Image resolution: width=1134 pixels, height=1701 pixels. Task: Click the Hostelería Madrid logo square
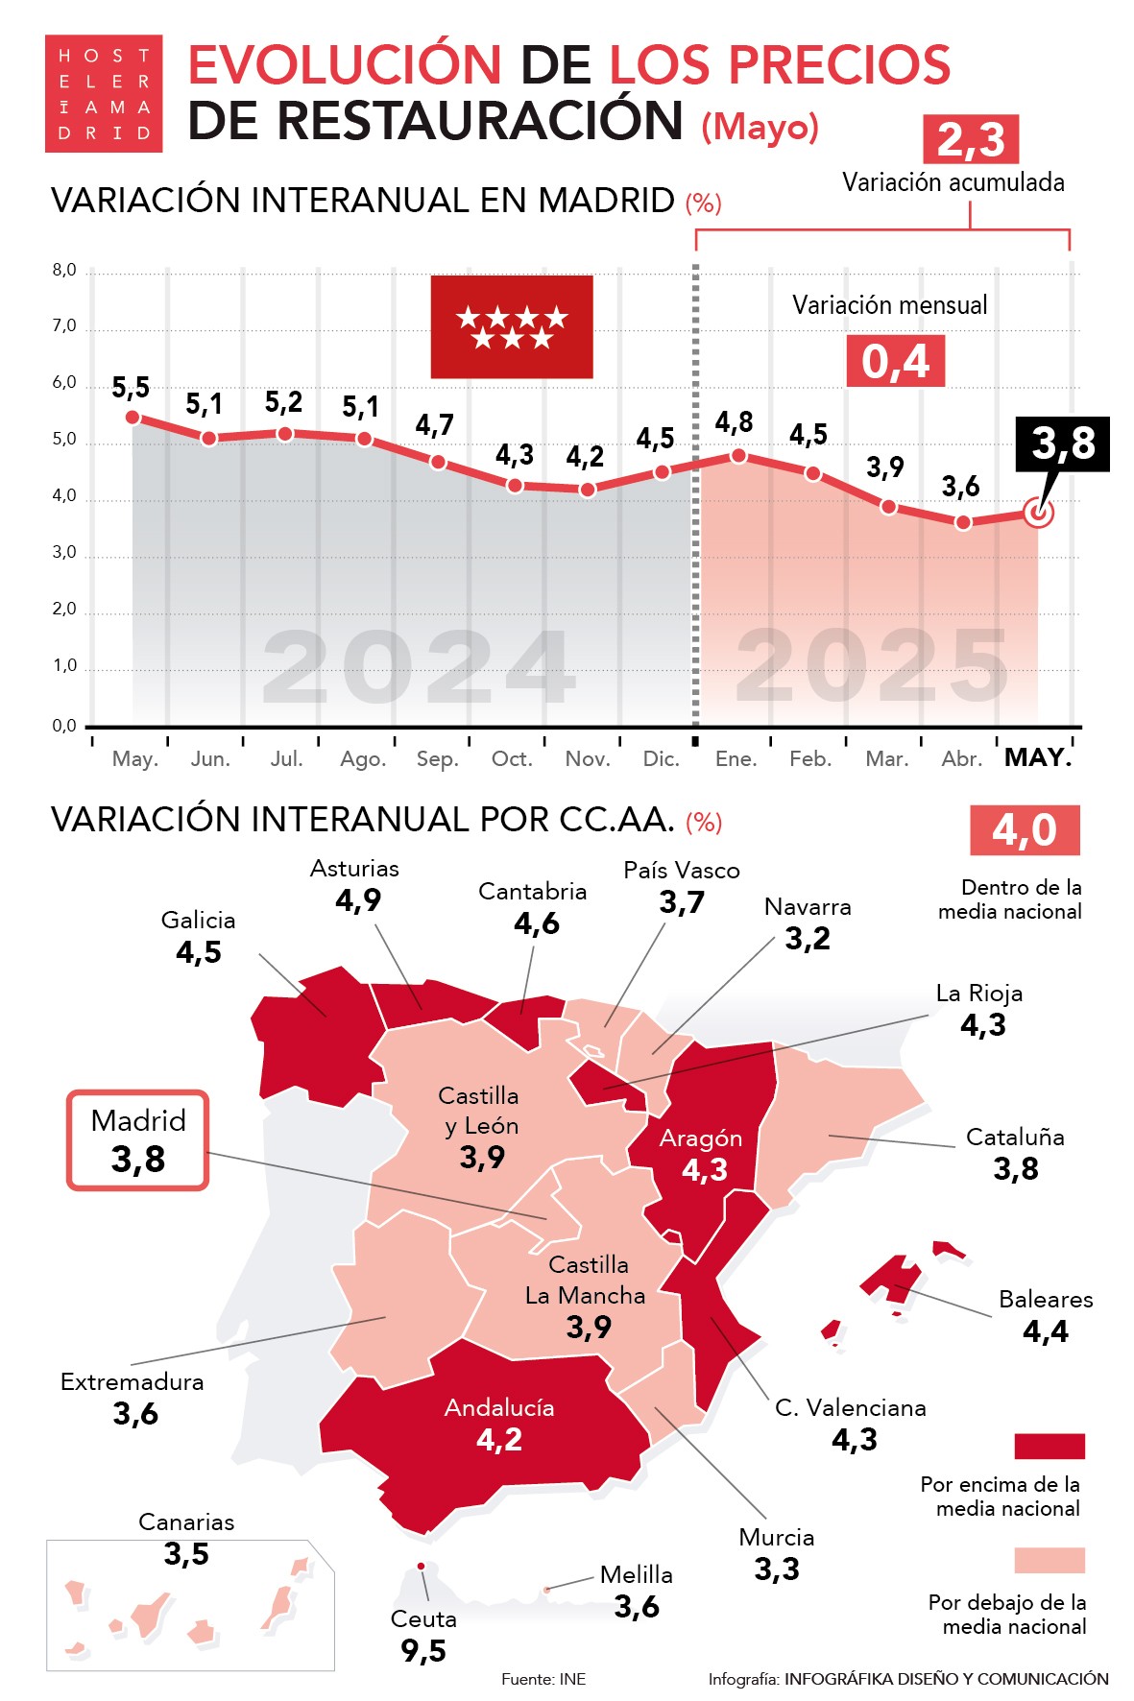[104, 94]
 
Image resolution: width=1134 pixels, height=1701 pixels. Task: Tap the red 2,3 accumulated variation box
[970, 140]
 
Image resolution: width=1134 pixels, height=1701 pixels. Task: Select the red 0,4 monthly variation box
[895, 361]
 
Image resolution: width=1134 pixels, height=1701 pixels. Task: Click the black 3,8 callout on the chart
[1063, 443]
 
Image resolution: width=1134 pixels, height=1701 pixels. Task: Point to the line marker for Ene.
[737, 456]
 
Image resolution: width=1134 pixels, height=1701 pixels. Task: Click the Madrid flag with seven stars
[512, 326]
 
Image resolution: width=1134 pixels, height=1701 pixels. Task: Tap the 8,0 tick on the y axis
[64, 271]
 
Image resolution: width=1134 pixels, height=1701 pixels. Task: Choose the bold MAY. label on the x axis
[1038, 757]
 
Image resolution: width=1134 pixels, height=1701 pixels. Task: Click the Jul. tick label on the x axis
[286, 759]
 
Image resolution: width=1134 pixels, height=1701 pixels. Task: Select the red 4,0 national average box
[1024, 830]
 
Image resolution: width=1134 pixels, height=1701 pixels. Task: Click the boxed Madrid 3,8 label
[138, 1140]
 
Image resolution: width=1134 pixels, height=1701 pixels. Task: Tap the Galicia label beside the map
[198, 921]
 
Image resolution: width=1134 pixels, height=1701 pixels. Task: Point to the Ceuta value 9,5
[423, 1651]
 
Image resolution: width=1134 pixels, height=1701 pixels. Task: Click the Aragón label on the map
[701, 1138]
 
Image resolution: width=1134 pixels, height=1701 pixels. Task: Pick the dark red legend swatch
[1049, 1446]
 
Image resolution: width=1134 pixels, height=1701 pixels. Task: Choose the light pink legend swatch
[1049, 1560]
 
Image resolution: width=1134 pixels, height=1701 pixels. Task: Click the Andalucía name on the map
[499, 1408]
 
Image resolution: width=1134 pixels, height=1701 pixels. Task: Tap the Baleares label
[1046, 1300]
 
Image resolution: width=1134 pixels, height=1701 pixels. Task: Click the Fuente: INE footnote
[543, 1679]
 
